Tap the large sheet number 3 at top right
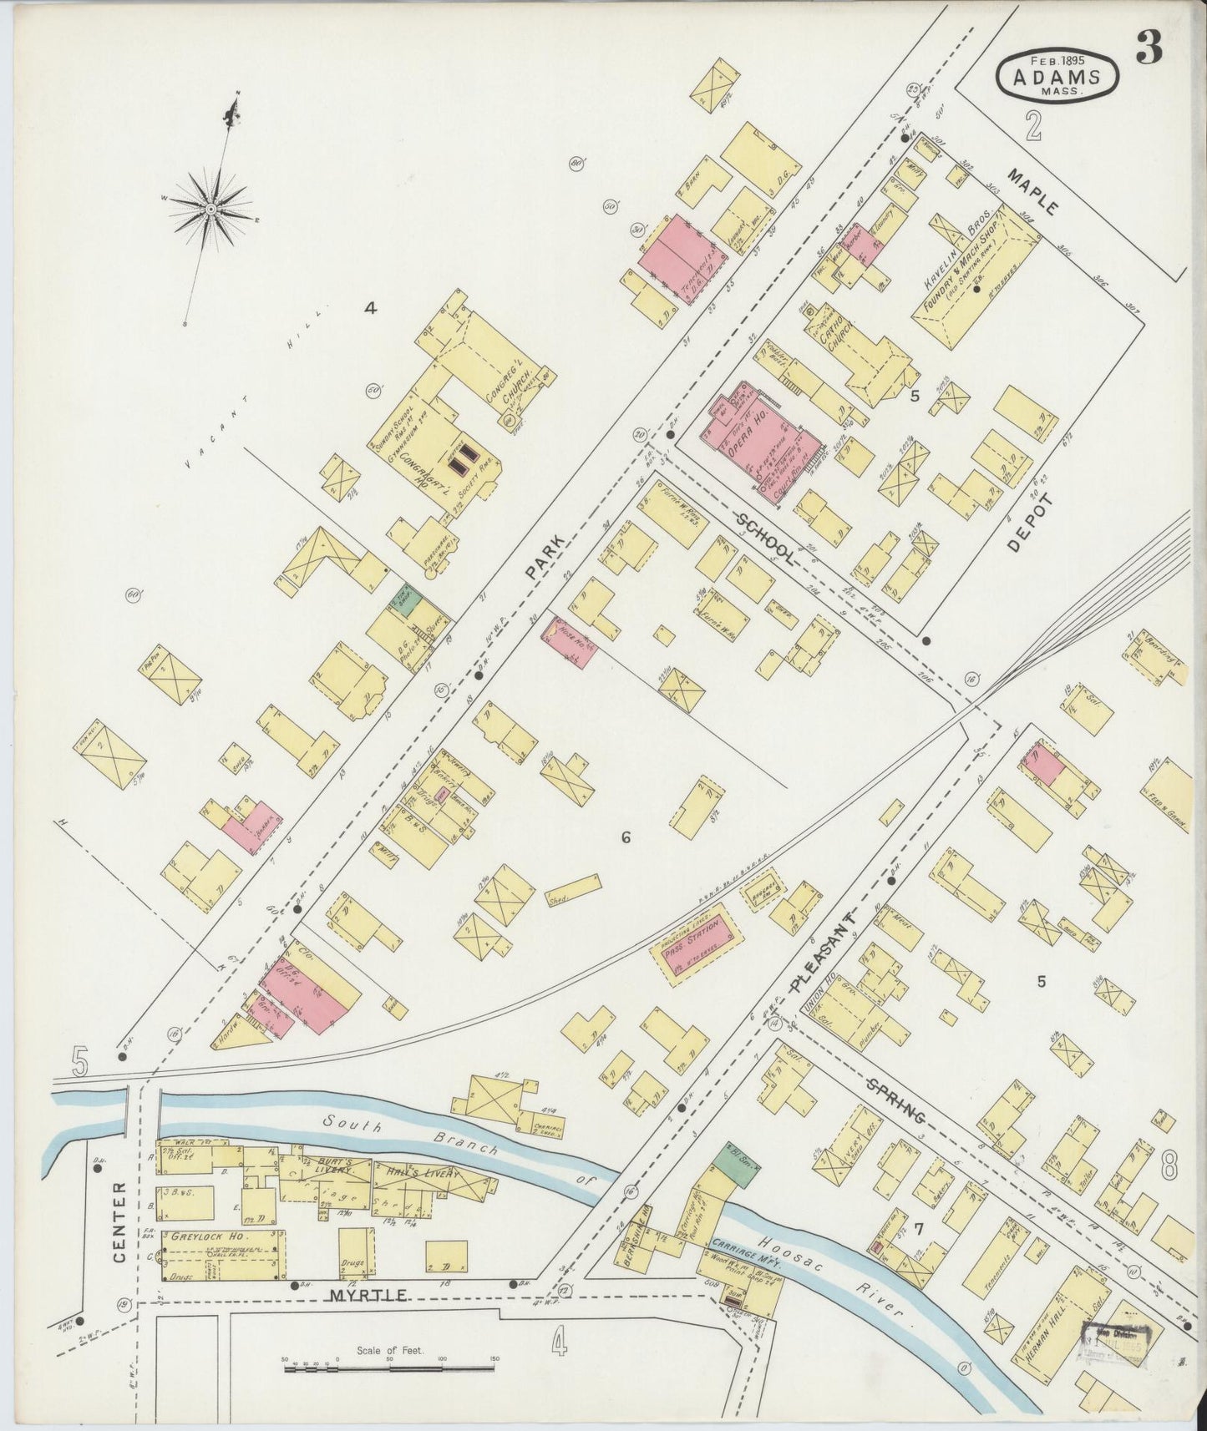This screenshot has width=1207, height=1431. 1149,50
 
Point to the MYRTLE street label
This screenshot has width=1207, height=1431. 368,1296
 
